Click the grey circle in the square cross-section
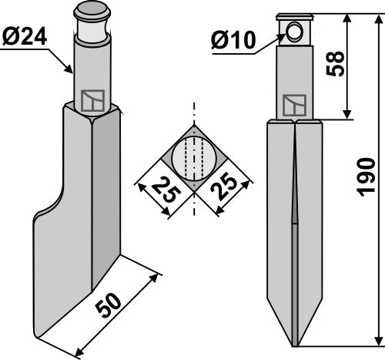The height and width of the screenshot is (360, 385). coord(194,160)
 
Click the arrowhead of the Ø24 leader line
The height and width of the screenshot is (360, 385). coord(72,71)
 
